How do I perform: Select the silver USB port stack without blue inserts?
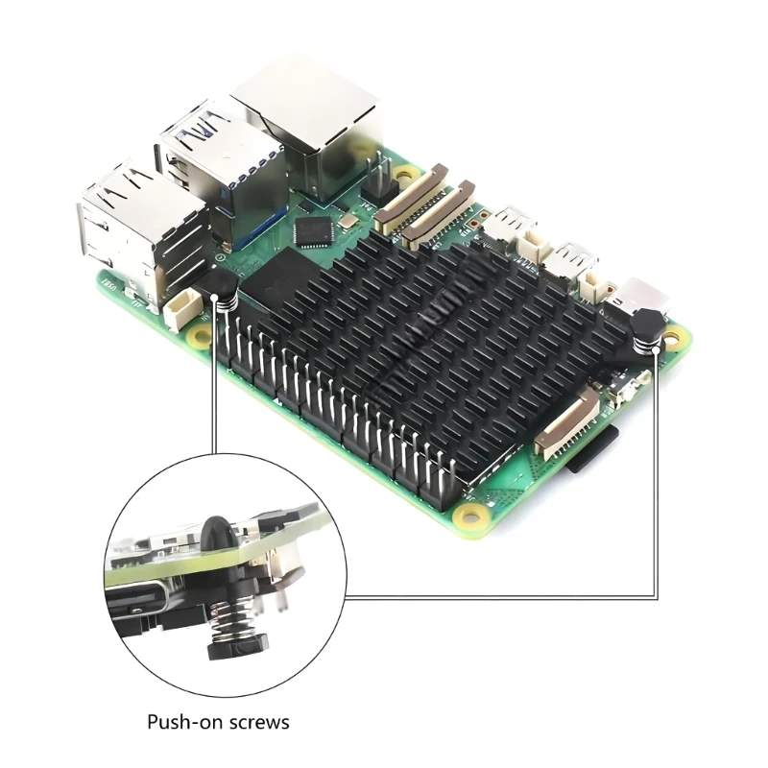pyautogui.click(x=142, y=230)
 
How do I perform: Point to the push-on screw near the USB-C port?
pyautogui.click(x=647, y=332)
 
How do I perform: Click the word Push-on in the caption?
pyautogui.click(x=181, y=722)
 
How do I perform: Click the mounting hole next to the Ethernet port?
pyautogui.click(x=406, y=174)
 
